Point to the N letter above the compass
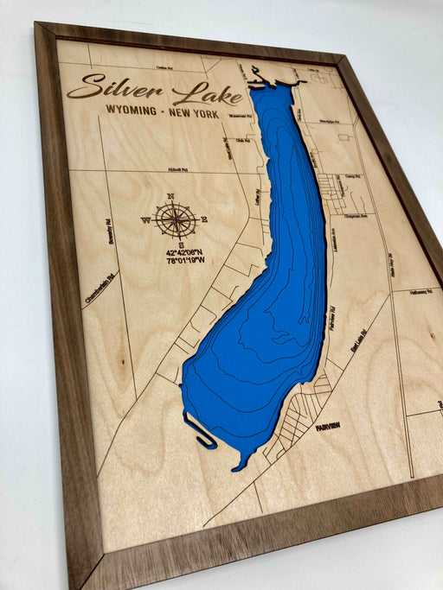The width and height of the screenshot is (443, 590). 171,197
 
